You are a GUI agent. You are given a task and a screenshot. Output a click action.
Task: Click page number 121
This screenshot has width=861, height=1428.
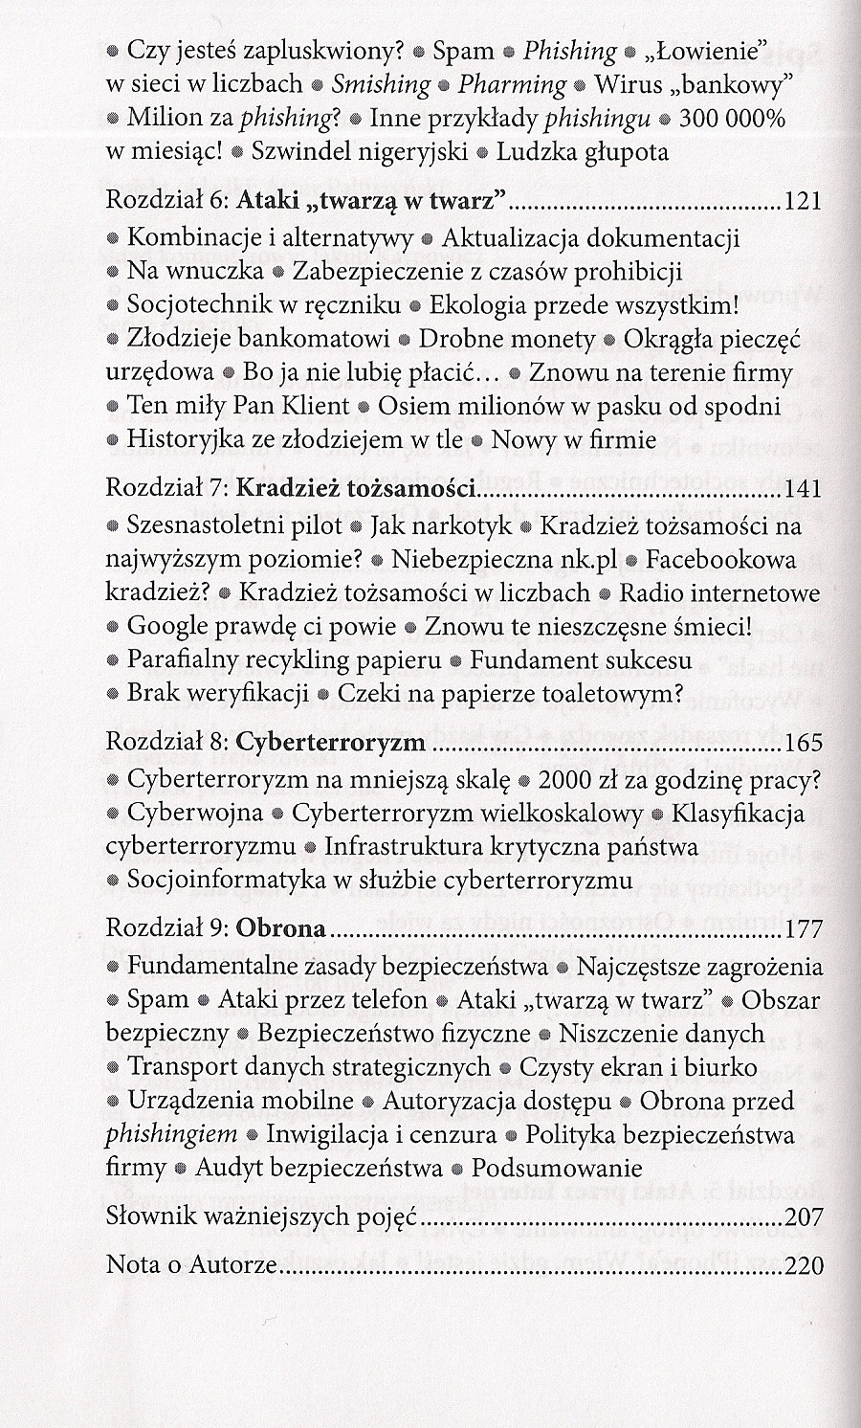802,201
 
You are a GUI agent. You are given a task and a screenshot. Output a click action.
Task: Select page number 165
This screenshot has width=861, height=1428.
802,743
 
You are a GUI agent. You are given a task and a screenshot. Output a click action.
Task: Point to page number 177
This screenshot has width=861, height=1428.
802,929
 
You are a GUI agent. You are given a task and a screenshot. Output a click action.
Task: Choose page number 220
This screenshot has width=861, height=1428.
802,1265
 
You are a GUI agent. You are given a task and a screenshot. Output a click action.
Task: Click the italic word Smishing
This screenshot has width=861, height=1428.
381,84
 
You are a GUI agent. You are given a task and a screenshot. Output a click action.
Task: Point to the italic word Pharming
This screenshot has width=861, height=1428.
512,84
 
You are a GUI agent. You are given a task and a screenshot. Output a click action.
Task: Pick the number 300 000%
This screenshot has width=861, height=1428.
732,119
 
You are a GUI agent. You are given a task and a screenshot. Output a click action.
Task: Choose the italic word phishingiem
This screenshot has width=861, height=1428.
171,1135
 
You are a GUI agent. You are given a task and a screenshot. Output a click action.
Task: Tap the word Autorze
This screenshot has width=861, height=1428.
235,1265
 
